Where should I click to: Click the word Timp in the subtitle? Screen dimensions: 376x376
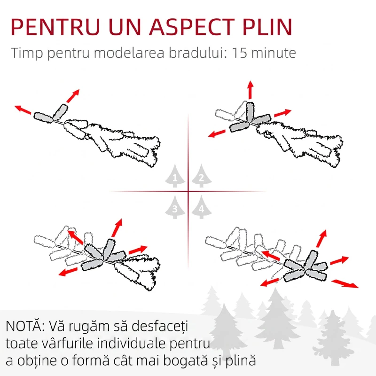pyautogui.click(x=27, y=53)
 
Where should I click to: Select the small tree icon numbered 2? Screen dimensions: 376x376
pyautogui.click(x=201, y=178)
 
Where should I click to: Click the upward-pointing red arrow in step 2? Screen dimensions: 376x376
pyautogui.click(x=251, y=89)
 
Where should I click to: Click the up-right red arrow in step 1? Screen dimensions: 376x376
pyautogui.click(x=72, y=96)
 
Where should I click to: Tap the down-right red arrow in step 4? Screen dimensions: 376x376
pyautogui.click(x=345, y=283)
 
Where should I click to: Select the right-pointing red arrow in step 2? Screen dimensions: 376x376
pyautogui.click(x=282, y=113)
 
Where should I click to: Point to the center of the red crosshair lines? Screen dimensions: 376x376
pyautogui.click(x=188, y=191)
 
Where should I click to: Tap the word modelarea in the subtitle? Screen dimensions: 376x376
pyautogui.click(x=128, y=53)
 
